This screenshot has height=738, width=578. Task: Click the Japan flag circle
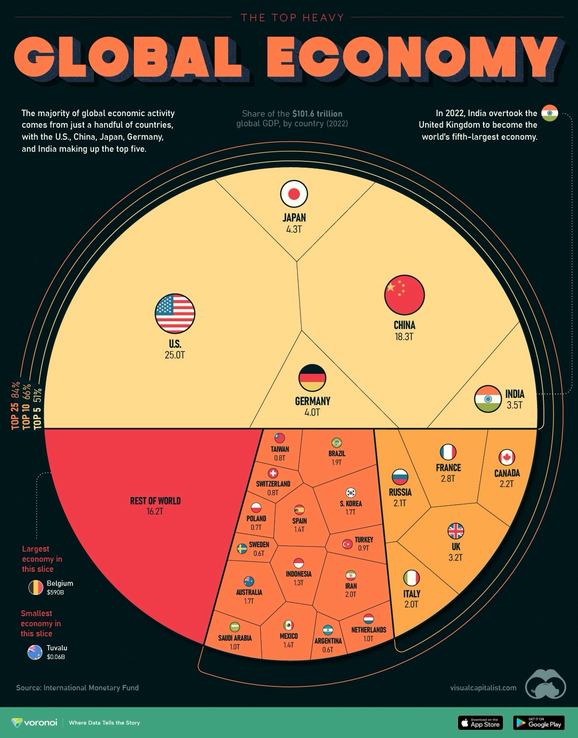click(x=294, y=194)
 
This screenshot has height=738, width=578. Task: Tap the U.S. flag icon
click(x=175, y=314)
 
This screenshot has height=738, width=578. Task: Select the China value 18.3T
click(x=404, y=337)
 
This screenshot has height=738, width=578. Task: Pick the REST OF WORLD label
click(x=155, y=501)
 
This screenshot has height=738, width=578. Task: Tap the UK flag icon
click(x=456, y=531)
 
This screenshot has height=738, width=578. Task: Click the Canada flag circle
click(x=507, y=457)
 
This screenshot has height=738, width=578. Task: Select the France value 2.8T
click(x=448, y=479)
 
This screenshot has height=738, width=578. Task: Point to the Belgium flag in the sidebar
click(x=36, y=587)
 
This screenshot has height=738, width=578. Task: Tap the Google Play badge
click(x=539, y=723)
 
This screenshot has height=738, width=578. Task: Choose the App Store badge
click(x=480, y=723)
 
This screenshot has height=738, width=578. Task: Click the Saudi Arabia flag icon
click(x=235, y=627)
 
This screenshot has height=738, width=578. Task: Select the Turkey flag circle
click(x=347, y=544)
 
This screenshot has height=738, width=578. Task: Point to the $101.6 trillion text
click(x=317, y=114)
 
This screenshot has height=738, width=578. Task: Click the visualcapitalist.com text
click(x=483, y=687)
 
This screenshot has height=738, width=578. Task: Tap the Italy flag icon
click(x=411, y=578)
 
